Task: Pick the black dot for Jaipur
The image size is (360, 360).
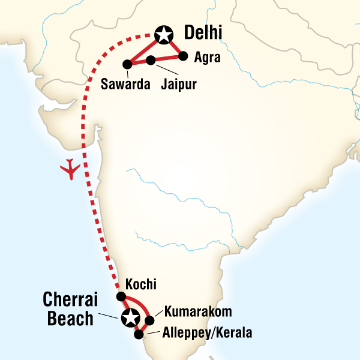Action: (x=151, y=59)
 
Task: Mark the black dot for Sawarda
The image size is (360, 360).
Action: (x=127, y=64)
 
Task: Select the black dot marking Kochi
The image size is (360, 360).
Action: (x=121, y=296)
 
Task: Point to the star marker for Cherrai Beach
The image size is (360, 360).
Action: (x=130, y=318)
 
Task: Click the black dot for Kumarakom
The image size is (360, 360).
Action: (x=150, y=320)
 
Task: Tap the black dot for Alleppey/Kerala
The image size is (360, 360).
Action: (x=139, y=334)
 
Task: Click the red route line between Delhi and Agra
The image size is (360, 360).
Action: (x=173, y=46)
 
